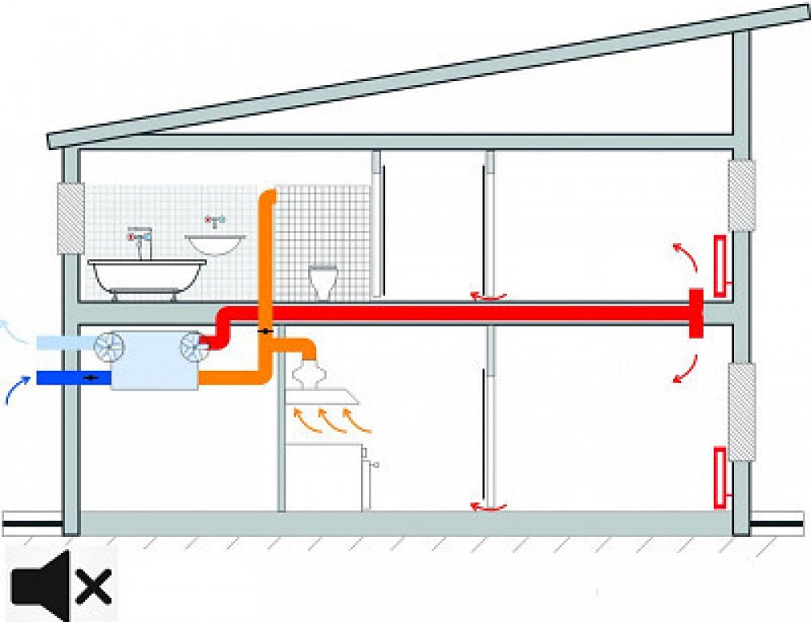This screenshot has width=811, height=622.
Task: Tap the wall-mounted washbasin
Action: [x=216, y=242]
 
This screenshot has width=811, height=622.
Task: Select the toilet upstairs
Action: [x=323, y=280]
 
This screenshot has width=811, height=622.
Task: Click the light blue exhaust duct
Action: [x=65, y=343]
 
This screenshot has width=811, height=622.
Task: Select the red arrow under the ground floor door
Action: [x=490, y=508]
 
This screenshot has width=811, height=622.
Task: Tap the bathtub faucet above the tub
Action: [x=141, y=241]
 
